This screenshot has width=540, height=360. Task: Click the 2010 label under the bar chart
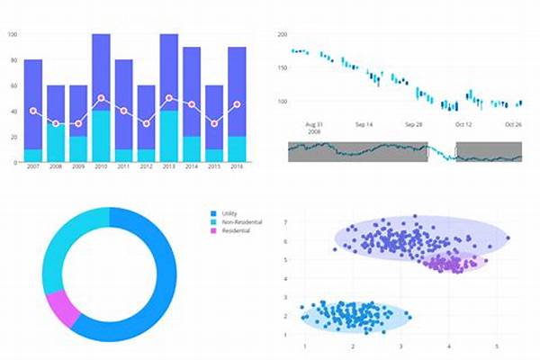[x=101, y=167]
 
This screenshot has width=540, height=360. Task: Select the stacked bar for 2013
[x=168, y=99]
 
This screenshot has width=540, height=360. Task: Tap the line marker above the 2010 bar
[x=101, y=97]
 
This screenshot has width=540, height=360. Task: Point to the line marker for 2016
[x=237, y=104]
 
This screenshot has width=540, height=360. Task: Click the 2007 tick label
[x=33, y=167]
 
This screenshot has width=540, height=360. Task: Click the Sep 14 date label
[x=364, y=124]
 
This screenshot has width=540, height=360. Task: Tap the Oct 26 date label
[x=513, y=124]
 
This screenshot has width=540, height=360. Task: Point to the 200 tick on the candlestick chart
[x=282, y=34]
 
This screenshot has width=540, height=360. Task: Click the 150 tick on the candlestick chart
[x=282, y=67]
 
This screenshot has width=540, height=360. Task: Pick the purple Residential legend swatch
[x=213, y=231]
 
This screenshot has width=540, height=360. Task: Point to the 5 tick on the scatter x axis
[x=496, y=346]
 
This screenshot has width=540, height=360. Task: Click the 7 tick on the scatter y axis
[x=285, y=242]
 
